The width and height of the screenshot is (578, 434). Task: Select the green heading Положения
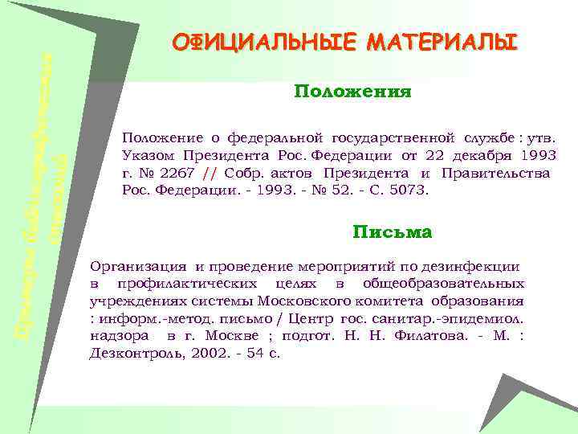pos(352,92)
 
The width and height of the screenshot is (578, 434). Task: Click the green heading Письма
pos(392,233)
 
